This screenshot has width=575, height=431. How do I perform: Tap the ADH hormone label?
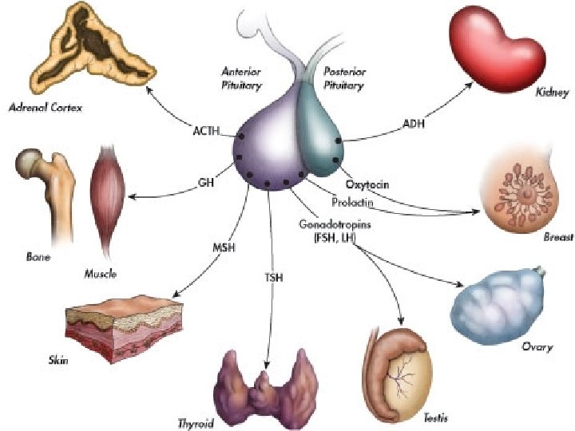point(413,124)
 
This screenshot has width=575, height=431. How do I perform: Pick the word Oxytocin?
point(367,185)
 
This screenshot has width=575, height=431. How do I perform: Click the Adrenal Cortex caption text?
point(45,107)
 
